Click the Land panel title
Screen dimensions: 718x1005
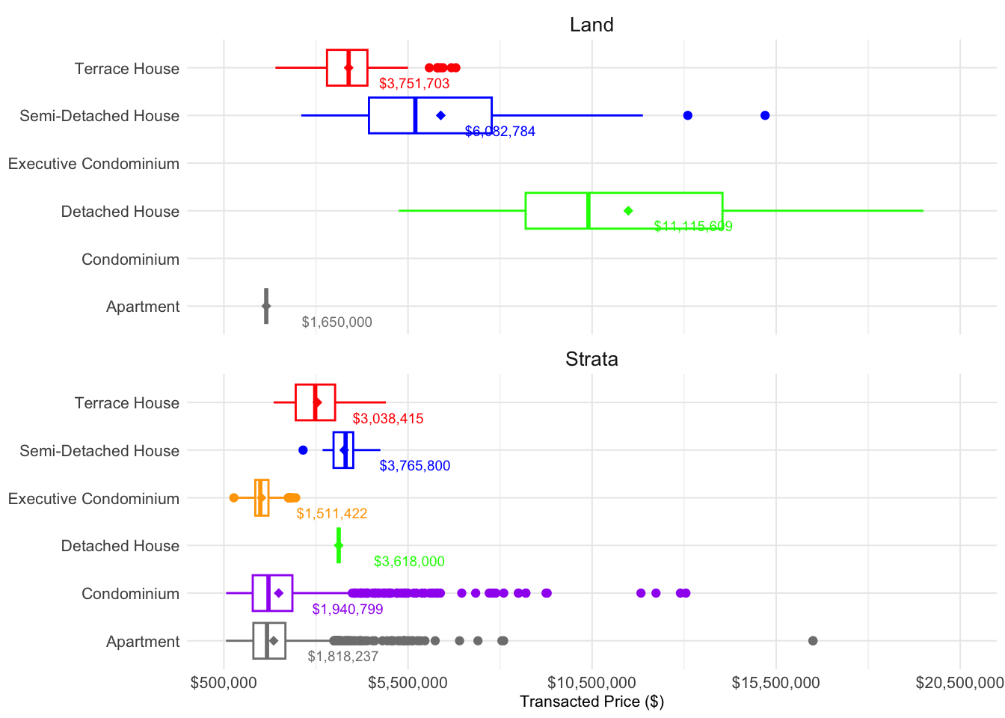coord(591,25)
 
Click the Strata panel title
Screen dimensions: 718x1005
coord(591,359)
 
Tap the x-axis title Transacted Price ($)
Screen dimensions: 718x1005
coord(591,702)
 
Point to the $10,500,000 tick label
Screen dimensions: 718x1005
coord(591,683)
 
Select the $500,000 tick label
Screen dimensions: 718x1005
coord(224,683)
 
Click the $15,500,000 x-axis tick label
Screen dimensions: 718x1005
coord(775,683)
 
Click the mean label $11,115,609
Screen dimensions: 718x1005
coord(693,227)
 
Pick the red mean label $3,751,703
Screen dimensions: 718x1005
coord(414,84)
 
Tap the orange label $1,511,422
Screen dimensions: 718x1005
coord(332,514)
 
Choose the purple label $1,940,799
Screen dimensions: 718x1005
coord(348,610)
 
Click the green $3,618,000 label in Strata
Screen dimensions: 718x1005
coord(409,562)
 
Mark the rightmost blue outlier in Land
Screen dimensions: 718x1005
coord(765,115)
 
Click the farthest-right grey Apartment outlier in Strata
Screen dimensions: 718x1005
coord(813,641)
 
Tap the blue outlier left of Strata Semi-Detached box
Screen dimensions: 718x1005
coord(303,450)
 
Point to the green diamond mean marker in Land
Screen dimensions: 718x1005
coord(628,211)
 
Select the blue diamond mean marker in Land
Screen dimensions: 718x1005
coord(440,115)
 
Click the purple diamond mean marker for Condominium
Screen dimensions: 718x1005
coord(279,593)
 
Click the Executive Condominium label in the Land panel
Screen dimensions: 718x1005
coord(93,164)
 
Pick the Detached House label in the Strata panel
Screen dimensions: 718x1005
coord(120,546)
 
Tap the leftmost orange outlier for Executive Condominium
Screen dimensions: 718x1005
coord(233,498)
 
